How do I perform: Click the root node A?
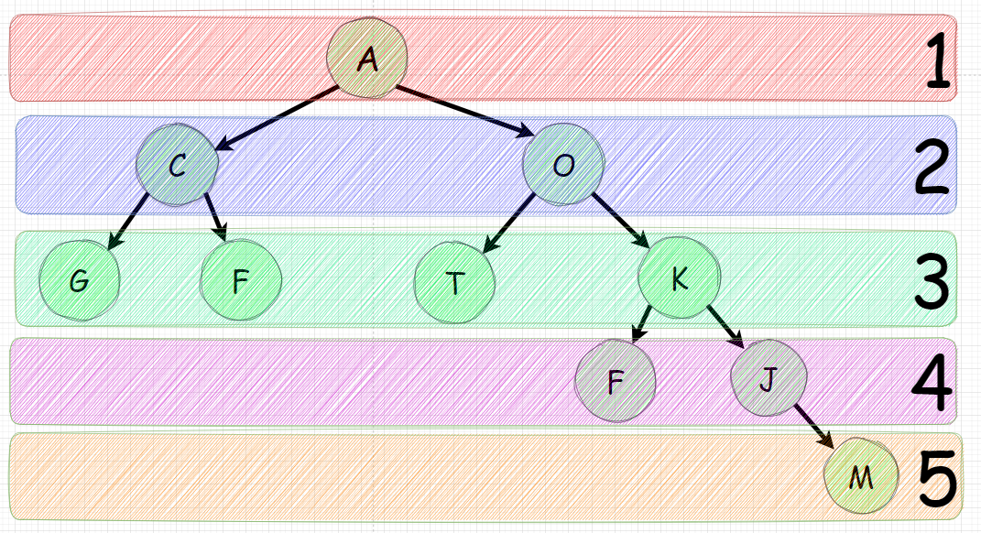(366, 60)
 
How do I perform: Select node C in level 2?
(178, 165)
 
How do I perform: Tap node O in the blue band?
(564, 165)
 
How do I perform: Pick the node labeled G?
(80, 281)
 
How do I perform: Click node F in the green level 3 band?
(241, 281)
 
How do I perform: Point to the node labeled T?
(454, 283)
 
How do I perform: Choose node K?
(679, 279)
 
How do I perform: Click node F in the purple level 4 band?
(616, 382)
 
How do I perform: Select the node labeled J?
(768, 379)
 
